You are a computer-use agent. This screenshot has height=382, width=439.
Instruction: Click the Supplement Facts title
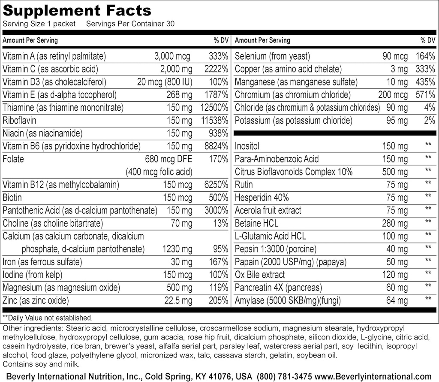pyautogui.click(x=77, y=10)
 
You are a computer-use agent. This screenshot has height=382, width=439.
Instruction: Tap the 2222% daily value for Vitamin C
pyautogui.click(x=214, y=69)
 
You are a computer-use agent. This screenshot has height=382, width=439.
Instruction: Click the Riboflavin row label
pyautogui.click(x=19, y=121)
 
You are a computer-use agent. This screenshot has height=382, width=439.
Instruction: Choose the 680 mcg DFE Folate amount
pyautogui.click(x=169, y=159)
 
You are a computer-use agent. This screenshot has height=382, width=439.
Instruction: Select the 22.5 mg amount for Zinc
pyautogui.click(x=178, y=301)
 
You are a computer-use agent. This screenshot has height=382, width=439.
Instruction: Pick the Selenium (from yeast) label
pyautogui.click(x=272, y=56)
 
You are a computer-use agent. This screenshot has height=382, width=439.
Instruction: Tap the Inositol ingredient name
pyautogui.click(x=247, y=146)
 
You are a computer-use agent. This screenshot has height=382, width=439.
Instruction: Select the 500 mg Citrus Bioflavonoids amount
pyautogui.click(x=395, y=172)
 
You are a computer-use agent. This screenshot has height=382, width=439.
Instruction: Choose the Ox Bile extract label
pyautogui.click(x=260, y=275)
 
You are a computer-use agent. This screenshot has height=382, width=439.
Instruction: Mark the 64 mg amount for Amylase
pyautogui.click(x=397, y=301)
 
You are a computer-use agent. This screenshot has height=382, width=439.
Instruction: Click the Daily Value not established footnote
pyautogui.click(x=47, y=318)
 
